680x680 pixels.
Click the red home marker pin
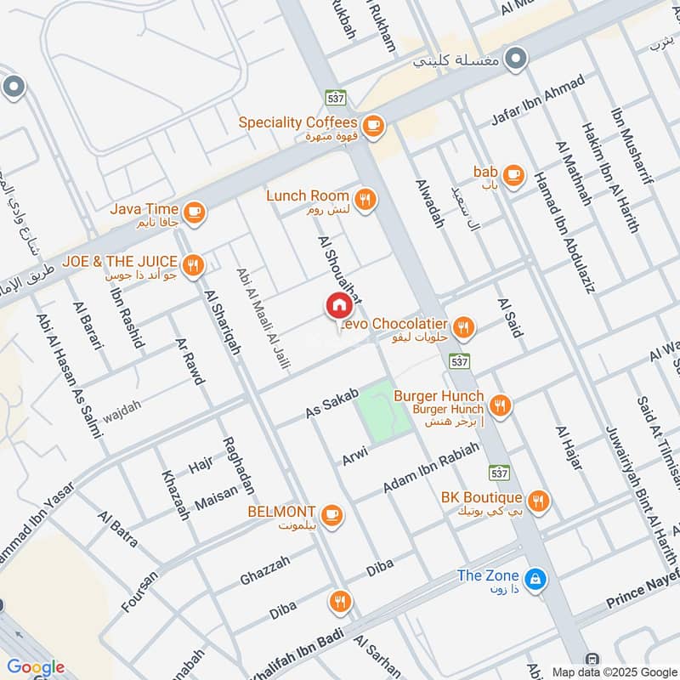coord(338,306)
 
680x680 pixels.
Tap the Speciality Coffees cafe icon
coord(372,127)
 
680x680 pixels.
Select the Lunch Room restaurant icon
coord(366,200)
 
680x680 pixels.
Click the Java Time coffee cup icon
coord(194,212)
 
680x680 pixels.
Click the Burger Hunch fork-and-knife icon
coord(500,406)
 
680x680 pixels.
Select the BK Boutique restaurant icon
coord(537,501)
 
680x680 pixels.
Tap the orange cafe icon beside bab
coord(512,175)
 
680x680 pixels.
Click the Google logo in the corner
coord(37,667)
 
